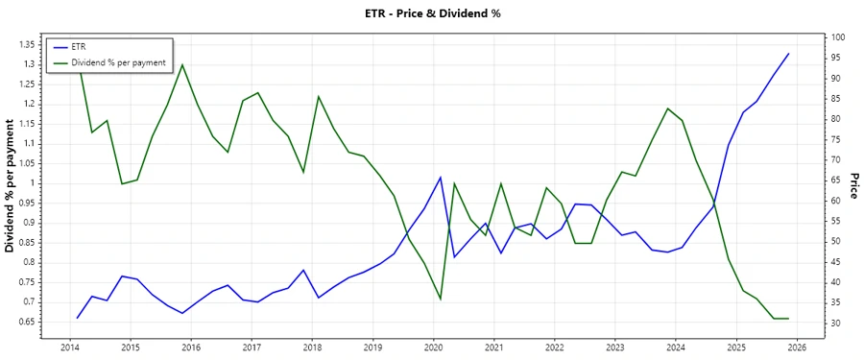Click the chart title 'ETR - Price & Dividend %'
pyautogui.click(x=431, y=13)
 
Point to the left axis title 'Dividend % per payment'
pyautogui.click(x=11, y=186)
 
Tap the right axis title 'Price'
pyautogui.click(x=852, y=186)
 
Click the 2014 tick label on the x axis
pyautogui.click(x=69, y=347)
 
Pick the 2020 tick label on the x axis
pyautogui.click(x=433, y=347)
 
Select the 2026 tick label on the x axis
pyautogui.click(x=797, y=347)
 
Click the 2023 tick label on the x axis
pyautogui.click(x=615, y=347)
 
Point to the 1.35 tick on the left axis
pyautogui.click(x=27, y=44)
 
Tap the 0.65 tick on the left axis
pyautogui.click(x=27, y=322)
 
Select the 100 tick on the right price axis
pyautogui.click(x=837, y=37)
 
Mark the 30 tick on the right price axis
pyautogui.click(x=835, y=324)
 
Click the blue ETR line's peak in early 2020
pyautogui.click(x=441, y=178)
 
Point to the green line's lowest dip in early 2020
pyautogui.click(x=441, y=300)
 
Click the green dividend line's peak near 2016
pyautogui.click(x=182, y=65)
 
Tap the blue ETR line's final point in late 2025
pyautogui.click(x=788, y=54)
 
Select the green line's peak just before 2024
pyautogui.click(x=667, y=108)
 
